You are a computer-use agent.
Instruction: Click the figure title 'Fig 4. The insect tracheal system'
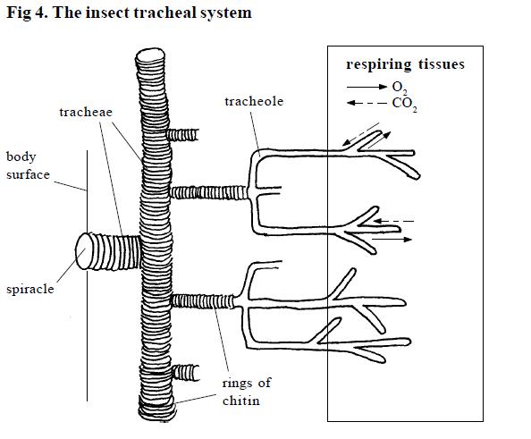[126, 13]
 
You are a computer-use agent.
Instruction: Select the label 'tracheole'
[254, 102]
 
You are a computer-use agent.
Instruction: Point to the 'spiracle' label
[30, 290]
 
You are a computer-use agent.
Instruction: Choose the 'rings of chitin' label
[247, 392]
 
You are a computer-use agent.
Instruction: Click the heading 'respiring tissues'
[406, 64]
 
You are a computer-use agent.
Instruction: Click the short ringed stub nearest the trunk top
[183, 134]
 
